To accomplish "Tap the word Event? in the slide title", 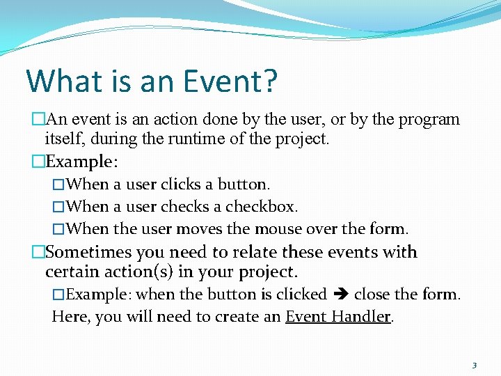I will click(x=230, y=81).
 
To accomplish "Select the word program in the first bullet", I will click(x=428, y=119).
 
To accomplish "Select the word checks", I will click(x=183, y=207).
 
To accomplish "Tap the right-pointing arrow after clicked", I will click(x=340, y=295).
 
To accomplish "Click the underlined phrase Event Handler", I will click(x=338, y=316).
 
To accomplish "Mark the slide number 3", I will click(x=474, y=365).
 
